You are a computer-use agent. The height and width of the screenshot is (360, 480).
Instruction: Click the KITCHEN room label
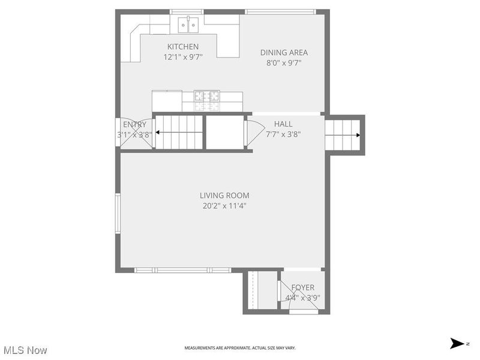coord(182,47)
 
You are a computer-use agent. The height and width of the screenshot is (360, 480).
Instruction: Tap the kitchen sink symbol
coord(188,25)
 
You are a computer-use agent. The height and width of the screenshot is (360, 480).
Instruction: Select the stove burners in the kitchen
coord(207,95)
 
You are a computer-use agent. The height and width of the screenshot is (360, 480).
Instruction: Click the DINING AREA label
coord(283,52)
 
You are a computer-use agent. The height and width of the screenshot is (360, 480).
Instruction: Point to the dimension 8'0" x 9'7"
coord(283,62)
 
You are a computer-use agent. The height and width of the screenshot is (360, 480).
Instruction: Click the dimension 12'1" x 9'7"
coord(182,57)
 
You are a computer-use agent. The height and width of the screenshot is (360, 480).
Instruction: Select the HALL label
coord(283,124)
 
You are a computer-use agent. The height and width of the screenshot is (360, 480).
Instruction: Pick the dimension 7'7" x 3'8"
coord(283,134)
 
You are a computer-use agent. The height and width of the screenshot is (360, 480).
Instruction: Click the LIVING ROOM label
coord(224,195)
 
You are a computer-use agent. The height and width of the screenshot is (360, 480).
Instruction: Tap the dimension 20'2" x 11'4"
coord(224,206)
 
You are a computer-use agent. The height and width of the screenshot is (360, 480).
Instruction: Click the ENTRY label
coord(134,125)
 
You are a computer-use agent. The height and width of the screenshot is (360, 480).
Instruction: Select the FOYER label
coord(303,287)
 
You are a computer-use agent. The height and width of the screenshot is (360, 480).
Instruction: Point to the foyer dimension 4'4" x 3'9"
coord(303,297)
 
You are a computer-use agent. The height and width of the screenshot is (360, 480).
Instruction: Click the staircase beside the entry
coord(179,132)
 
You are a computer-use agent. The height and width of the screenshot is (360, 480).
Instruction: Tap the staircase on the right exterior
coord(343,135)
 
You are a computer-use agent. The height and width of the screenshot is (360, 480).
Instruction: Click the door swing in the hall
coord(254,133)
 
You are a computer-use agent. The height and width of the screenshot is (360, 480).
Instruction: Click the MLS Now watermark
coord(25,349)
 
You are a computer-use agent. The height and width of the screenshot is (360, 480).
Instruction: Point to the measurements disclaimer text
coord(239,348)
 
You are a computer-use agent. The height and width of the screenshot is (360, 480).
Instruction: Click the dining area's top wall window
coord(280,11)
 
